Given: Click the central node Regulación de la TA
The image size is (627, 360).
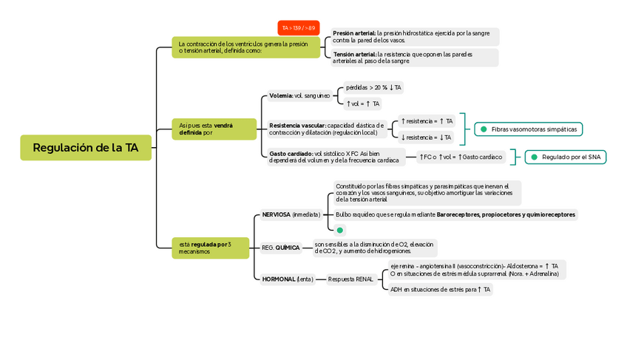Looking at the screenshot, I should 86,148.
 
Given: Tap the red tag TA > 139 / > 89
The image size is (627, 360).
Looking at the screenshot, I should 298,28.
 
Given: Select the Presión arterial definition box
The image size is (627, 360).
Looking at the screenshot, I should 415,36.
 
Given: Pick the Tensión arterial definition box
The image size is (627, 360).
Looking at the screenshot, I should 415,58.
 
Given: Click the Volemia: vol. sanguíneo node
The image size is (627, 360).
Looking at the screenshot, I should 299,95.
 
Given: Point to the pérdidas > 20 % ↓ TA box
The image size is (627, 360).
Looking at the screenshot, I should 373,87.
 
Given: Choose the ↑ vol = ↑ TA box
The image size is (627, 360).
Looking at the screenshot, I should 362,103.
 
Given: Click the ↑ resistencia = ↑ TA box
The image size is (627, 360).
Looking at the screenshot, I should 427,120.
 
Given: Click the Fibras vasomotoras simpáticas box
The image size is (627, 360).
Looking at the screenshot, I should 528,129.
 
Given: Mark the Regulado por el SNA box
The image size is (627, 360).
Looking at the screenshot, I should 566,157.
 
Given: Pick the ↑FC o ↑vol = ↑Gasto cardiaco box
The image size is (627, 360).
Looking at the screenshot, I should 461,157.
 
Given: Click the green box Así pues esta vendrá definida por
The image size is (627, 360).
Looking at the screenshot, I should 214,129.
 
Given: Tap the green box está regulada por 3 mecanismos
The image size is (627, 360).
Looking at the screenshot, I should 211,248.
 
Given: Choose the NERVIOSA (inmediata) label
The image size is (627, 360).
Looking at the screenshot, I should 291,214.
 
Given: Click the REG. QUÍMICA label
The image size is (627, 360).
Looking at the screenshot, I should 281,248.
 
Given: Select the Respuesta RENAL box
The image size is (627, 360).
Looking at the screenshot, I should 350,279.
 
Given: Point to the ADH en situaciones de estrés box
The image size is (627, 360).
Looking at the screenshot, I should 441,289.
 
